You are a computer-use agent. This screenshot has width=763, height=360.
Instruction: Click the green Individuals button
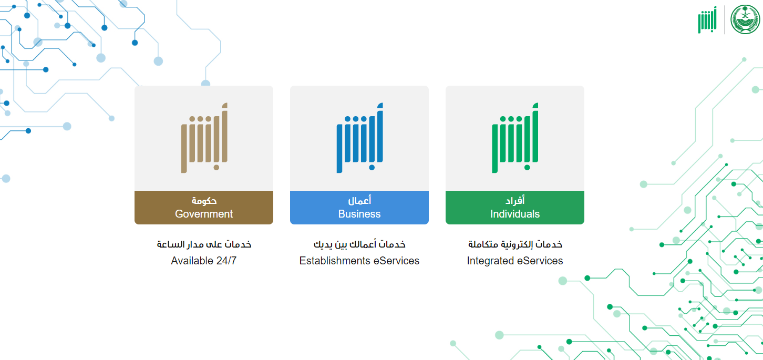(514, 208)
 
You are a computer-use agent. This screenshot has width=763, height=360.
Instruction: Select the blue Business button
(359, 208)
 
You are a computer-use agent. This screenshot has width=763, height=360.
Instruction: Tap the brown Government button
(204, 208)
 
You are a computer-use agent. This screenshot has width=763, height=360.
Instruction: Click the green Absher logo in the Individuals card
(514, 138)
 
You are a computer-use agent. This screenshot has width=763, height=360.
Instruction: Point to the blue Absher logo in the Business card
(359, 138)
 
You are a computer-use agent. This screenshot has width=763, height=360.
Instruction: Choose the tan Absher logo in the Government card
(204, 138)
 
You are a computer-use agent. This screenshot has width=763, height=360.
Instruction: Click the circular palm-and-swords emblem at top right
(745, 19)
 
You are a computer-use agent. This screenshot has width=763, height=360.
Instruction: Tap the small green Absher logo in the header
(707, 20)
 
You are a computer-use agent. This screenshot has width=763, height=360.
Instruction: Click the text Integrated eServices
(514, 261)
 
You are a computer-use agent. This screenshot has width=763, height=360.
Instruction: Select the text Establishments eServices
(359, 261)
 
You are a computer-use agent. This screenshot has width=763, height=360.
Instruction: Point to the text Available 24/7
(204, 261)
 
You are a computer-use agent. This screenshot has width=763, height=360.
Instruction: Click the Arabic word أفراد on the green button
(514, 201)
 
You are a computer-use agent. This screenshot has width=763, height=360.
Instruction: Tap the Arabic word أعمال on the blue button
(359, 201)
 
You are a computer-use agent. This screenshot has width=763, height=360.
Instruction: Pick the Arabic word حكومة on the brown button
(204, 201)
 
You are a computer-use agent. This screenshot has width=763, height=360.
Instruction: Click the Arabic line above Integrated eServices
(514, 244)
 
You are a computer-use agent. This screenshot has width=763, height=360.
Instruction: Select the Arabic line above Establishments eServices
(359, 244)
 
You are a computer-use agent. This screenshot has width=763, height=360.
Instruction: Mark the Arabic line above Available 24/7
(204, 244)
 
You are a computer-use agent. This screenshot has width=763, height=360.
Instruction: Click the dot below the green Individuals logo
(527, 167)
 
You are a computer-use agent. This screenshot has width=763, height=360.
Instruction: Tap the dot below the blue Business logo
(372, 167)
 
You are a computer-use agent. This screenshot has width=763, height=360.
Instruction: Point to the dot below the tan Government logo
(216, 167)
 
